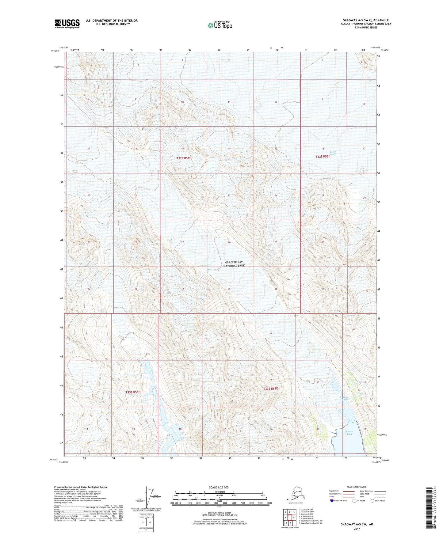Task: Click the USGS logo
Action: pyautogui.click(x=67, y=24)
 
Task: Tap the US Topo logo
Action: pyautogui.click(x=220, y=25)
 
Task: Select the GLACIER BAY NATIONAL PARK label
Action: pyautogui.click(x=234, y=264)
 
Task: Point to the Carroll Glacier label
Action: pyautogui.click(x=333, y=153)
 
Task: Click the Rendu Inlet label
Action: pyautogui.click(x=349, y=433)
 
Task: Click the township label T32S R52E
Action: pyautogui.click(x=323, y=157)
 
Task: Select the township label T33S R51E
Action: pyautogui.click(x=132, y=392)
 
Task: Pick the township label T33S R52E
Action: pyautogui.click(x=270, y=389)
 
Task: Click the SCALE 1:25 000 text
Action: pyautogui.click(x=220, y=487)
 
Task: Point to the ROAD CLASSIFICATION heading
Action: pyautogui.click(x=357, y=487)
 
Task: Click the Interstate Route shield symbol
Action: pyautogui.click(x=332, y=501)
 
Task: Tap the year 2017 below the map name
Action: pyautogui.click(x=357, y=529)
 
